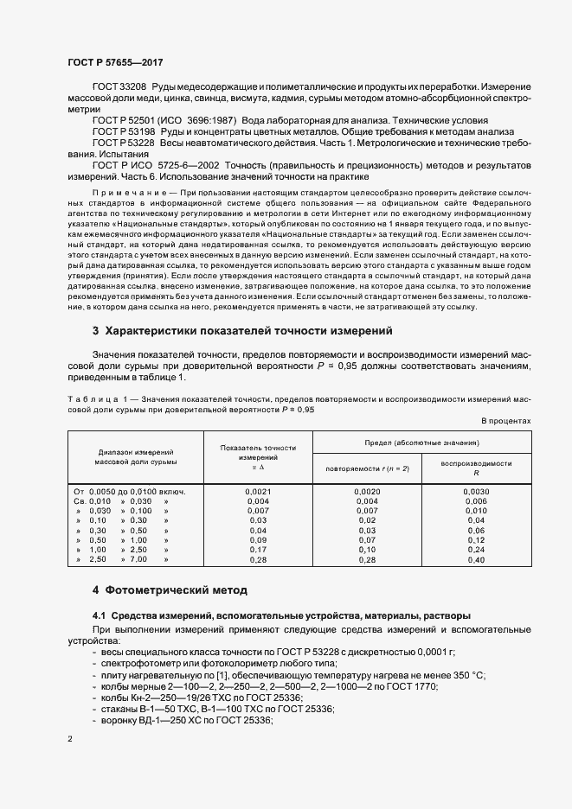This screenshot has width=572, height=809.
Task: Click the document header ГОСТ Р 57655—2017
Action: [114, 63]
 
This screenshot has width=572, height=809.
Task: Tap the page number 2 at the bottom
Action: [69, 739]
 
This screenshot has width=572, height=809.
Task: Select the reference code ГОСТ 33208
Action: [119, 89]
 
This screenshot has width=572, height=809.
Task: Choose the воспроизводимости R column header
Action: [476, 468]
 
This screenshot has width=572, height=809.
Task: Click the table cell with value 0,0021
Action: [258, 491]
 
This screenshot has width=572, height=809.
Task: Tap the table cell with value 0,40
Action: [476, 561]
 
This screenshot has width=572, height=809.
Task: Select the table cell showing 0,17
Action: [258, 549]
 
